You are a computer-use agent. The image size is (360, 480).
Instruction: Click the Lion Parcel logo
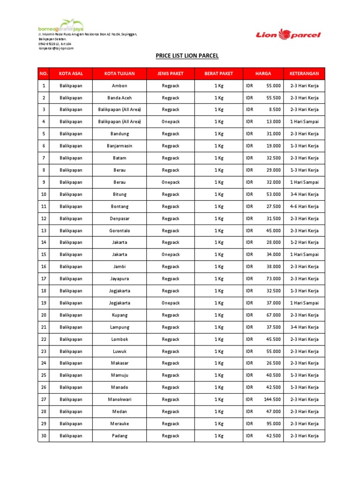pyautogui.click(x=288, y=34)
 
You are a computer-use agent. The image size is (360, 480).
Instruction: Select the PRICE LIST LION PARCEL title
pyautogui.click(x=187, y=56)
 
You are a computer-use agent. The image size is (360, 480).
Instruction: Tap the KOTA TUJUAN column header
pyautogui.click(x=120, y=74)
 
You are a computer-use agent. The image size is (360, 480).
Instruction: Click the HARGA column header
pyautogui.click(x=263, y=74)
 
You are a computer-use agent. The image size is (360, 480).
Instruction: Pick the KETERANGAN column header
pyautogui.click(x=304, y=74)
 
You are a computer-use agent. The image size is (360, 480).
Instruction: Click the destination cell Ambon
pyautogui.click(x=120, y=86)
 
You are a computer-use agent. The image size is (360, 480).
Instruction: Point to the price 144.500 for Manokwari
pyautogui.click(x=272, y=399)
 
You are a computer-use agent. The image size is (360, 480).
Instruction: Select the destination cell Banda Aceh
pyautogui.click(x=120, y=98)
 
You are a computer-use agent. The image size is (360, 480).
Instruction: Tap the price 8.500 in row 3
pyautogui.click(x=275, y=110)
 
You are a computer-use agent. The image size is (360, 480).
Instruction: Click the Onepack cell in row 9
pyautogui.click(x=171, y=182)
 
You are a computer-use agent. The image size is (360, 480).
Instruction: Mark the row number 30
pyautogui.click(x=44, y=436)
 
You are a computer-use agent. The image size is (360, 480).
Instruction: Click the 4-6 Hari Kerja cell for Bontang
pyautogui.click(x=304, y=206)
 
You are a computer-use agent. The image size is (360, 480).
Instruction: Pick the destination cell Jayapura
pyautogui.click(x=120, y=279)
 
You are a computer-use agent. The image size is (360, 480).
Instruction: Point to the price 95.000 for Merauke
pyautogui.click(x=274, y=424)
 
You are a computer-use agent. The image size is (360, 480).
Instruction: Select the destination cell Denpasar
pyautogui.click(x=120, y=218)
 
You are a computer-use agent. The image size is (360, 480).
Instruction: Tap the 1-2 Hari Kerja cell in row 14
pyautogui.click(x=304, y=243)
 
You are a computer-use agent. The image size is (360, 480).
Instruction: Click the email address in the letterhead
pyautogui.click(x=56, y=48)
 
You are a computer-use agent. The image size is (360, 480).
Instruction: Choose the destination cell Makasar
pyautogui.click(x=120, y=363)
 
